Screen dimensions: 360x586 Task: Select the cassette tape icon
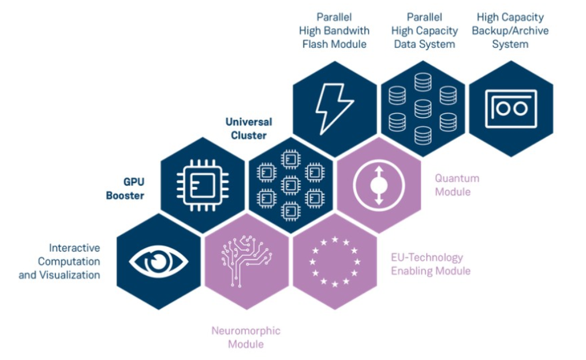coord(511,108)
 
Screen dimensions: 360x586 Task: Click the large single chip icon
coord(202,185)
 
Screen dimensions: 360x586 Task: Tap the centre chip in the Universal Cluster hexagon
coord(290,185)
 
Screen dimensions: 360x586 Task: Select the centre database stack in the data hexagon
coord(423,108)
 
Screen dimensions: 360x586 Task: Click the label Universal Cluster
coord(248,129)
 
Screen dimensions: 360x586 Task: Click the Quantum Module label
coord(457,185)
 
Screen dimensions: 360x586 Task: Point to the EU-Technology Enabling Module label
coord(430,264)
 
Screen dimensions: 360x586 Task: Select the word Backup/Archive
coord(510,31)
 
